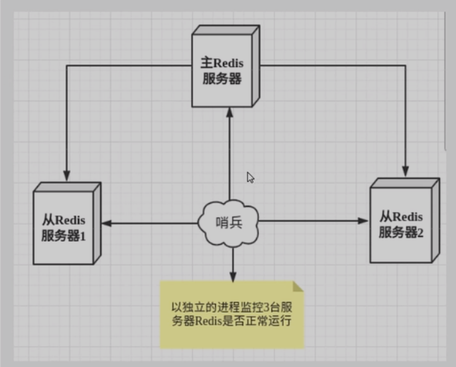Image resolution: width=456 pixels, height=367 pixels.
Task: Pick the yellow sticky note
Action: click(x=231, y=315)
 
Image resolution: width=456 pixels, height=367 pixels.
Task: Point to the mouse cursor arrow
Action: click(x=250, y=177)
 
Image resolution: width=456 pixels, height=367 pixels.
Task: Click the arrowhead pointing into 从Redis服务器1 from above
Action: click(x=66, y=176)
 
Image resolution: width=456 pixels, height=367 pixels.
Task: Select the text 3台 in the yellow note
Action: click(x=270, y=309)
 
